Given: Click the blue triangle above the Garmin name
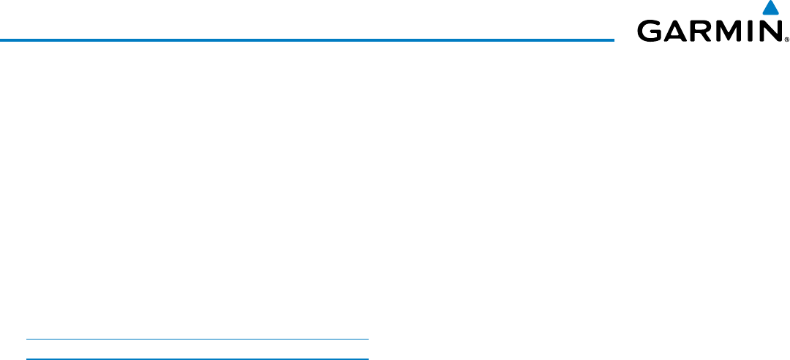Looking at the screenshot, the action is [769, 10].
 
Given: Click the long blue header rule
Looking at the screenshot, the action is [307, 40].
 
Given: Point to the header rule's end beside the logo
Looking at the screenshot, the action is [613, 40].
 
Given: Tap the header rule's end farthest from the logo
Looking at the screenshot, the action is [1, 40].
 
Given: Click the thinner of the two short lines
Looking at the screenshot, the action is [197, 340].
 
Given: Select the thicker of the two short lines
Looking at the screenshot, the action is [197, 359].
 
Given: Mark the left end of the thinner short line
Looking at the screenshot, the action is [27, 340].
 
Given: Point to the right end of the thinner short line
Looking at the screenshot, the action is [368, 340].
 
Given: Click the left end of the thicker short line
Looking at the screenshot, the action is [27, 359].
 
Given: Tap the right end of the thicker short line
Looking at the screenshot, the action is [368, 359].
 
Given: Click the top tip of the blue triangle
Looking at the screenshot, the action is [769, 2].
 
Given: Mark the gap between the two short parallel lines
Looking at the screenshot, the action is [197, 349].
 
